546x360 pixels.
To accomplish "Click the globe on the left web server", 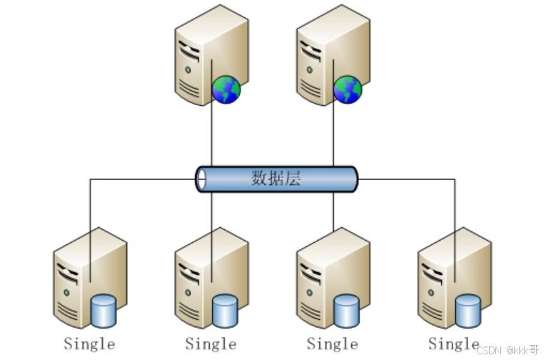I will point(226,89).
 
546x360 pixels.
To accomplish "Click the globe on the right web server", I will point(348,89).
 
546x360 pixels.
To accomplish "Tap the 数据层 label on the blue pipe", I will point(276,179).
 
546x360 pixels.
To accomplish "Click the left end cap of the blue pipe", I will point(201,179).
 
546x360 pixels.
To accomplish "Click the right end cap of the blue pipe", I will point(352,179).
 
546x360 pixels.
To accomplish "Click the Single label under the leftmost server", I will point(89,344).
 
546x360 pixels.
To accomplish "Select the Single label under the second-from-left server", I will point(211,344).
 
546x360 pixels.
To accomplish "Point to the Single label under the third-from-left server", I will point(332,344).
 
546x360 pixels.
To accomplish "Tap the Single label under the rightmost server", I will point(453,344).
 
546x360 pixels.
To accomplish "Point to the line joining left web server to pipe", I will point(212,136).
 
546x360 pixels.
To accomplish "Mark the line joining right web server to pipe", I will point(333,136).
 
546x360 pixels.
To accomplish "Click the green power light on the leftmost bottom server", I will point(66,292).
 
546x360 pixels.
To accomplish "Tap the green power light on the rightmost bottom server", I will point(430,292).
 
